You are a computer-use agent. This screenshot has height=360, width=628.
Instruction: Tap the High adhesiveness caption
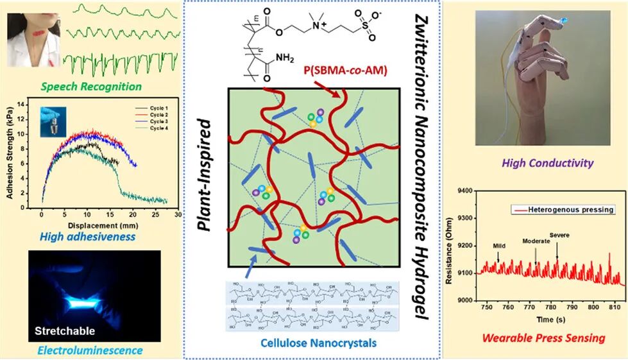(88, 237)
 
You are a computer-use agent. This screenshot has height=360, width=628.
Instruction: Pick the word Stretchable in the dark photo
(65, 332)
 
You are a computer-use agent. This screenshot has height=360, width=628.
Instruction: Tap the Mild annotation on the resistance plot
(500, 245)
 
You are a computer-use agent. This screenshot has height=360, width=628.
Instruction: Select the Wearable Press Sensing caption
(543, 338)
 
